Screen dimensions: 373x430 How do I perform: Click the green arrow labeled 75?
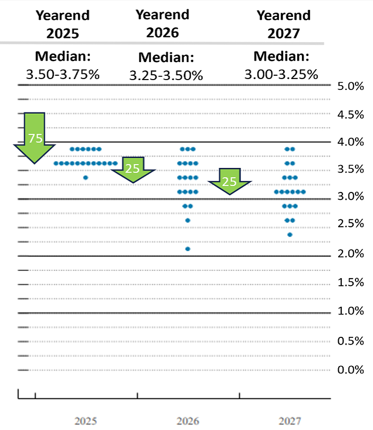pos(35,137)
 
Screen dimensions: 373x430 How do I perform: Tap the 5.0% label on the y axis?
pos(350,86)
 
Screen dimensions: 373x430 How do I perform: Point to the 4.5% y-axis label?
pos(350,115)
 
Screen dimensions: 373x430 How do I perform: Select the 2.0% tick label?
pos(350,254)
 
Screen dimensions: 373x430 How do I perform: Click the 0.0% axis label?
pos(350,370)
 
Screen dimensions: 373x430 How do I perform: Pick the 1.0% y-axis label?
pos(350,311)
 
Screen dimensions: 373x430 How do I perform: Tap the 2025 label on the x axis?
pos(86,421)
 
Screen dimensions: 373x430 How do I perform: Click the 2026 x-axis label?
pos(188,421)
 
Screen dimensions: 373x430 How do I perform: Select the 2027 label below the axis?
pos(290,421)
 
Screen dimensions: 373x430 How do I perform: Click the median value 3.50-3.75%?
pos(63,74)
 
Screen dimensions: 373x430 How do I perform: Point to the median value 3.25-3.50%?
pos(166,75)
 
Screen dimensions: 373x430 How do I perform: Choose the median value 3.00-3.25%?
pos(281,74)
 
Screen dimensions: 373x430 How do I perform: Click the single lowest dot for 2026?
pos(188,249)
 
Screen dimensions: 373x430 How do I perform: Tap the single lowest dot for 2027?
pos(290,235)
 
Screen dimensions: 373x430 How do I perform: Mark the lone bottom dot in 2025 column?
pos(86,178)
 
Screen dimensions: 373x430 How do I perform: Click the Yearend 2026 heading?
pos(162,24)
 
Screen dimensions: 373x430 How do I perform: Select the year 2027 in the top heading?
pos(284,33)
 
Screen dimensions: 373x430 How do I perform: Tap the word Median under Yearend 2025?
pos(63,56)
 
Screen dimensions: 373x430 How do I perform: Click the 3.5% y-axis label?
pos(350,169)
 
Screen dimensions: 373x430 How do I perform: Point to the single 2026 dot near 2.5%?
pos(188,221)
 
